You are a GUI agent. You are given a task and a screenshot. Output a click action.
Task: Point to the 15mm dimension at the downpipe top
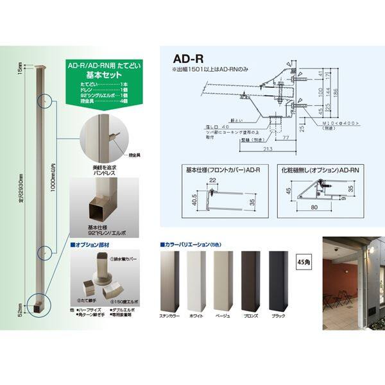pos(21,67)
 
